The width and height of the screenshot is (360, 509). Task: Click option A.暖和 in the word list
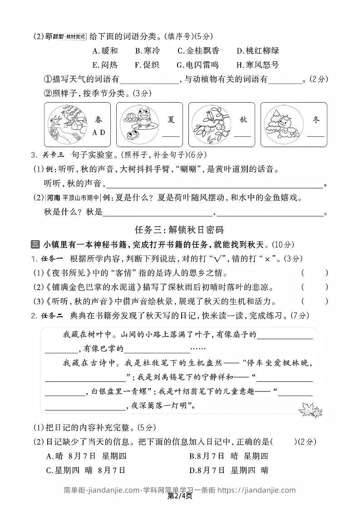click(105, 51)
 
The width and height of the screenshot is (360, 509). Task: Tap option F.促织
click(147, 65)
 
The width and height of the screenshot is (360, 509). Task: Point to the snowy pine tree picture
click(281, 123)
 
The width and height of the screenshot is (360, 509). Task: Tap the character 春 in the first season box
click(99, 120)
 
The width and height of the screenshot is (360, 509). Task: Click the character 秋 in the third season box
click(243, 120)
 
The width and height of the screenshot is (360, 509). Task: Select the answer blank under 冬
click(316, 135)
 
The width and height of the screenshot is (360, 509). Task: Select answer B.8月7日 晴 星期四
click(229, 455)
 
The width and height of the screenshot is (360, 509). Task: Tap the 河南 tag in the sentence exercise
click(54, 198)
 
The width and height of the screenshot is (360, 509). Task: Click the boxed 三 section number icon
click(35, 244)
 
